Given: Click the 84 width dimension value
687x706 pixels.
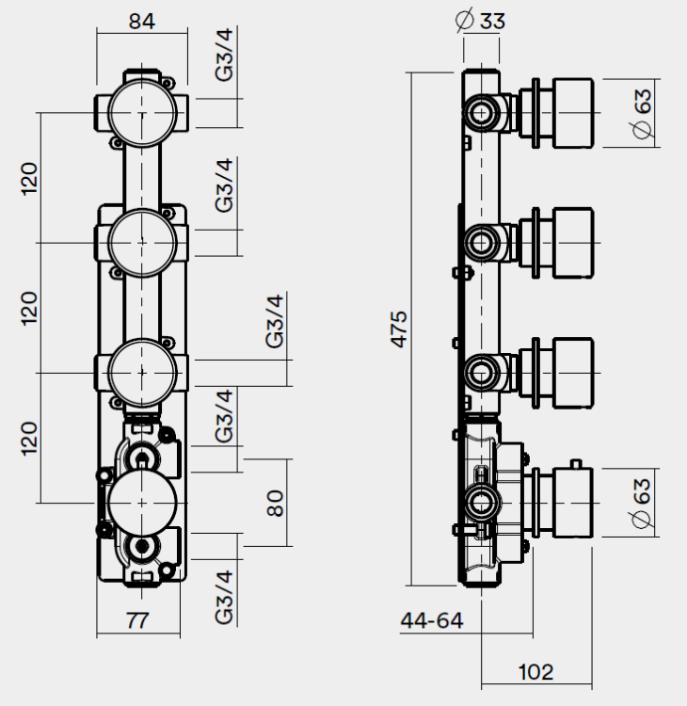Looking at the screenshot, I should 141,21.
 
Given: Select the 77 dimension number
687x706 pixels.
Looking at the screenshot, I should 138,619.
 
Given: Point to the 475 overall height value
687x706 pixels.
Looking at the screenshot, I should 399,329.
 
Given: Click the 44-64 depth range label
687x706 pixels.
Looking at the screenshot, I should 432,620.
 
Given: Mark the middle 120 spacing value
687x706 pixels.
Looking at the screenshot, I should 31,307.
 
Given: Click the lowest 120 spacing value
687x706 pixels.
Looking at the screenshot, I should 31,438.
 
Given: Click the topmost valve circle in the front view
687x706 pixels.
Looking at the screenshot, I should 141,112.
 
